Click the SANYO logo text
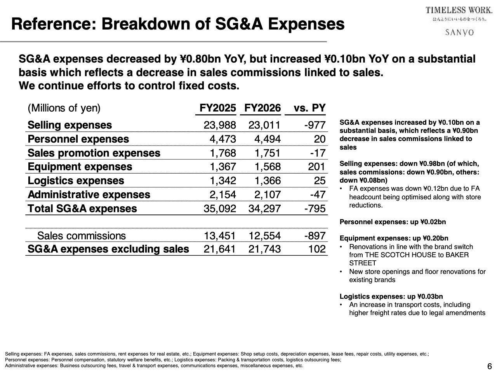coord(459,32)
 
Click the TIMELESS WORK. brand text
coord(459,10)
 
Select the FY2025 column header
coord(217,108)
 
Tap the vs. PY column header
coord(309,108)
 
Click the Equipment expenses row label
coord(80,167)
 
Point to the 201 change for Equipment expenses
coord(316,167)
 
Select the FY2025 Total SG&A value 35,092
coord(220,209)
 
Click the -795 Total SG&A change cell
coord(315,209)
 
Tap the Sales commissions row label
coord(82,236)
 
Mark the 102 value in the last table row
coord(317,249)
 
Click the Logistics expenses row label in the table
coord(76,181)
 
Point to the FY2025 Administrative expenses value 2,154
coord(222,195)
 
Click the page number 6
coord(489,366)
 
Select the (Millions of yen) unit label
coord(64,108)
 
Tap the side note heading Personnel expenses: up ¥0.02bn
coord(393,222)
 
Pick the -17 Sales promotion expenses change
coord(318,153)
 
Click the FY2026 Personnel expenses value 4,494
coord(267,139)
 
